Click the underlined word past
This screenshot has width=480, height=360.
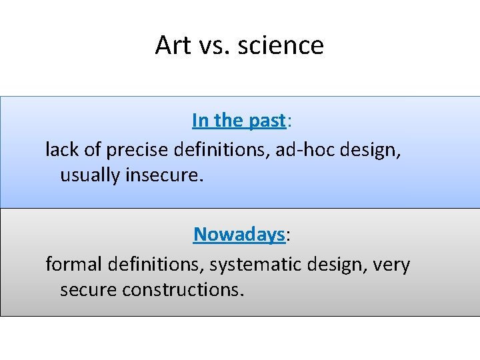(x=267, y=121)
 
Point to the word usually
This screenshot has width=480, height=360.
(x=91, y=177)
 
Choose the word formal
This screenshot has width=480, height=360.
(x=71, y=264)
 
